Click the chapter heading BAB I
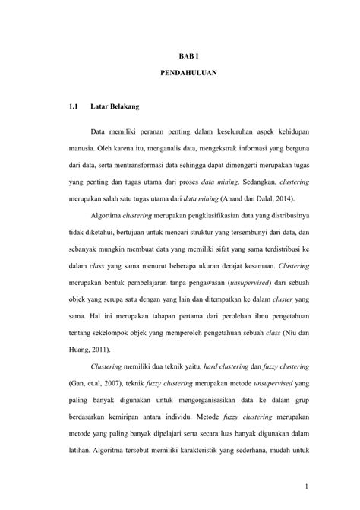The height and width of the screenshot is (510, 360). point(187,55)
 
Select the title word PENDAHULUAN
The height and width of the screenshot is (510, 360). point(187,76)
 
